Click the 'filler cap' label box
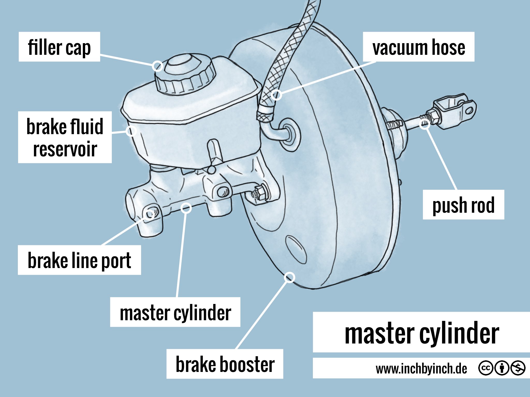(59, 47)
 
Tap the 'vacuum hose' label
(418, 47)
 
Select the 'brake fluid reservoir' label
(65, 137)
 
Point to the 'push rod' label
(463, 205)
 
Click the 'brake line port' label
(79, 260)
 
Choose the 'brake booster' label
(225, 364)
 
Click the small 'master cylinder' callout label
(175, 312)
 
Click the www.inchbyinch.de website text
(421, 369)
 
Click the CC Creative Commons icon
(485, 368)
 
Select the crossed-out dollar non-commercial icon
(518, 368)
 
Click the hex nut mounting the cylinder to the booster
(259, 193)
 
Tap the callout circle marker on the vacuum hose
(276, 95)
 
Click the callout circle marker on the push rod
(425, 124)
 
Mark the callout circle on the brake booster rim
(289, 277)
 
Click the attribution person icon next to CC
(502, 368)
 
